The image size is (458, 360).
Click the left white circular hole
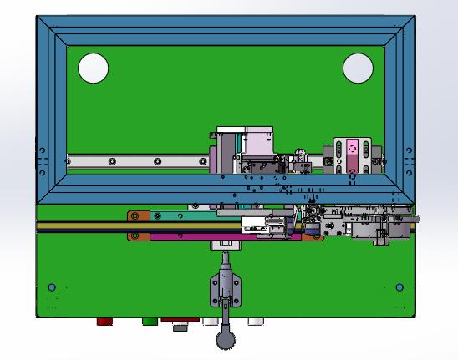94,68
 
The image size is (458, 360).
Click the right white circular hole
358,68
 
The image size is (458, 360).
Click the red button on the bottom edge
104,322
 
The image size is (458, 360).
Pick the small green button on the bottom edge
150,322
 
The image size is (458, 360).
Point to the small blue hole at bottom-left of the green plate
52,287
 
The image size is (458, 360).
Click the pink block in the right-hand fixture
353,147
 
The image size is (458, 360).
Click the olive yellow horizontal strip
125,226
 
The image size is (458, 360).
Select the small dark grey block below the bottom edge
180,328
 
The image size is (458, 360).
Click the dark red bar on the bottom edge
180,320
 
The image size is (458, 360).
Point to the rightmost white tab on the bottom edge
255,322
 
